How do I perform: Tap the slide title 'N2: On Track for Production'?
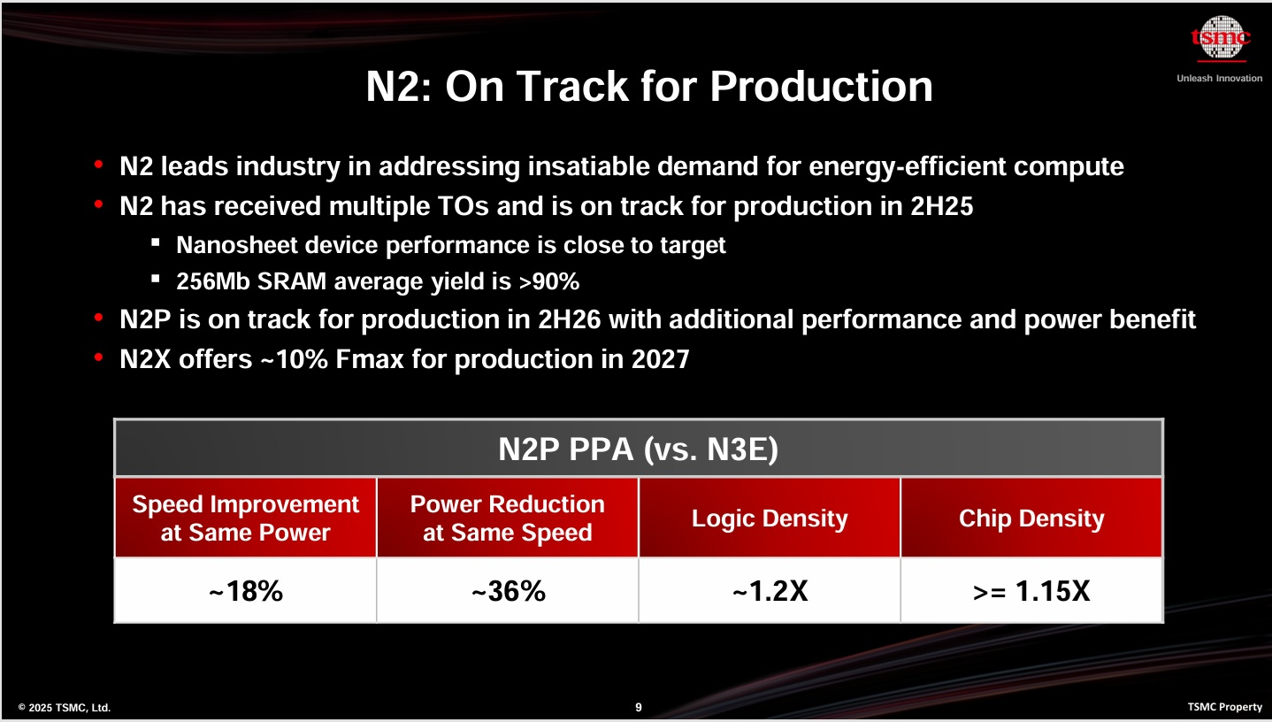(649, 87)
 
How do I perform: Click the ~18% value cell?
(245, 591)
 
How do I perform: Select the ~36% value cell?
(507, 591)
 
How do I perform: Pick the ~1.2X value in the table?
(770, 591)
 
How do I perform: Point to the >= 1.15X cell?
(1031, 591)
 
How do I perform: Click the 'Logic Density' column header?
(770, 518)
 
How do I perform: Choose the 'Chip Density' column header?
(1031, 518)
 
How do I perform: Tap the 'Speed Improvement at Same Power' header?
(245, 518)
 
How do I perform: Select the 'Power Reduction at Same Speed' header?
(507, 518)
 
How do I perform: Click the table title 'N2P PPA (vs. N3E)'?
(638, 449)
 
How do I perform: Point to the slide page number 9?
(639, 707)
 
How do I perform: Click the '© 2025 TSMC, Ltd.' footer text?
(65, 707)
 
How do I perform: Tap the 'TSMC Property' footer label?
(1225, 707)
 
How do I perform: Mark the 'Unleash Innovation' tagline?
(1219, 78)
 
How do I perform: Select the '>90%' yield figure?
(550, 282)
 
